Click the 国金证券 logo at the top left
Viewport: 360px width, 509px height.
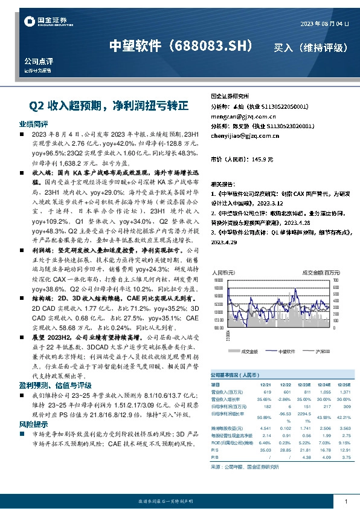(46, 22)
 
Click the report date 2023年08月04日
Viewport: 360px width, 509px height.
(324, 24)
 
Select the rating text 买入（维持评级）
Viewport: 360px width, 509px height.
(310, 47)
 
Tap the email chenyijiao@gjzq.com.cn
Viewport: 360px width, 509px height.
(245, 136)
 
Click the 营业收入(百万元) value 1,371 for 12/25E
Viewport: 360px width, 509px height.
(344, 392)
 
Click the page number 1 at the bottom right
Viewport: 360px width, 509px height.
(345, 502)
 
